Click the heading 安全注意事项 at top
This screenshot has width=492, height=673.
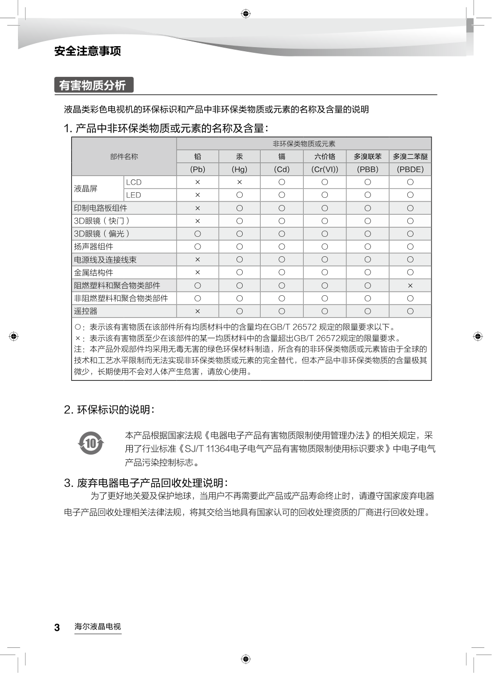(x=88, y=51)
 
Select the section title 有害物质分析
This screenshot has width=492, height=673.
(x=93, y=85)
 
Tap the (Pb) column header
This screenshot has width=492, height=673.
(x=198, y=169)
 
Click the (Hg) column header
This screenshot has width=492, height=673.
(x=240, y=169)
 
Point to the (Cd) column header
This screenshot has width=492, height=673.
(x=282, y=169)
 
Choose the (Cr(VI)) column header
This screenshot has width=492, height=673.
(x=325, y=169)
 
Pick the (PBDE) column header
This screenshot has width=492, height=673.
(x=410, y=169)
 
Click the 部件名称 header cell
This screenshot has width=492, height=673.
(x=124, y=156)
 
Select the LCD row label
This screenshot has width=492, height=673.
(x=134, y=182)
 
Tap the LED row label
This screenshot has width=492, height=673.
(x=133, y=195)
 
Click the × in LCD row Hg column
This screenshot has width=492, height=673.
(x=240, y=182)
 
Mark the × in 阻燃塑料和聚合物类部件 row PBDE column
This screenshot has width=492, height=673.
(x=410, y=285)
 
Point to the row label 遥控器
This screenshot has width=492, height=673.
(x=86, y=311)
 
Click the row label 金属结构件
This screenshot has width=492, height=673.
(x=93, y=273)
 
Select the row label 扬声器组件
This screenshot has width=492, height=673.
(x=93, y=247)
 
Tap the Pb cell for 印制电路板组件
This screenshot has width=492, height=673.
(x=198, y=208)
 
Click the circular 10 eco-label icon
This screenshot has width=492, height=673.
(x=91, y=442)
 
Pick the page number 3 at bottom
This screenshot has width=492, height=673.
(x=57, y=627)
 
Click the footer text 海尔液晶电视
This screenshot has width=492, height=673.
(x=98, y=626)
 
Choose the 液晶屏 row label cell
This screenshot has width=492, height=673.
(x=86, y=189)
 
